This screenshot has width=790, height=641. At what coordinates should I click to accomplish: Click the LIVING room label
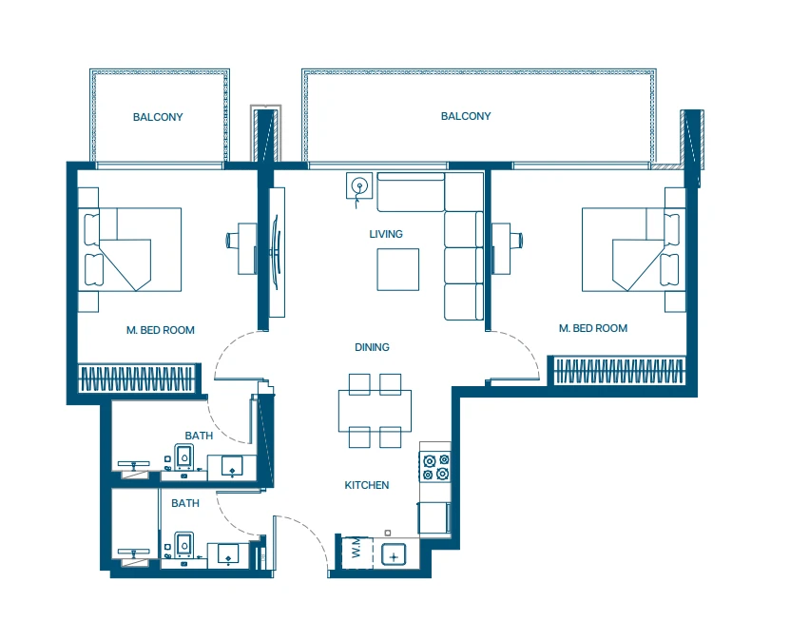386,234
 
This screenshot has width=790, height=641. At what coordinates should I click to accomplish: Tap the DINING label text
372,347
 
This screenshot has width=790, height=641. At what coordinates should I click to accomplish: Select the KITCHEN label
367,485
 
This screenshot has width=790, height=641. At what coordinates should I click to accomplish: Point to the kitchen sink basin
394,555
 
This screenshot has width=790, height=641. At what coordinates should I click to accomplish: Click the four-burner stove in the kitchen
435,467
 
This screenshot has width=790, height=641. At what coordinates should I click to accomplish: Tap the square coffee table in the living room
398,269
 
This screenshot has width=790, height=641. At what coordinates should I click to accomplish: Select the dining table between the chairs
375,411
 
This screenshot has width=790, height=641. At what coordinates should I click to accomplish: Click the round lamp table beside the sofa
359,185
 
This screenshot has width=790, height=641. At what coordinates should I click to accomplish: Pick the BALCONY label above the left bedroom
158,117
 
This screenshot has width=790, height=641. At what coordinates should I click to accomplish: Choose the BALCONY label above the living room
466,116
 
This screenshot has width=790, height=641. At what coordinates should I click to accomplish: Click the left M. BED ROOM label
161,330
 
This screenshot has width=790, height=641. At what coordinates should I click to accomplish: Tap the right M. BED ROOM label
593,328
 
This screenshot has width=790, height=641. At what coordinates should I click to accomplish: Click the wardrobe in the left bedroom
137,379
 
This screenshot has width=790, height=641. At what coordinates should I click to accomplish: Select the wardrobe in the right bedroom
619,372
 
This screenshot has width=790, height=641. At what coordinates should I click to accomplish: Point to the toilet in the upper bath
183,457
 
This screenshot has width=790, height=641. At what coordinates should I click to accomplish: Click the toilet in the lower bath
183,545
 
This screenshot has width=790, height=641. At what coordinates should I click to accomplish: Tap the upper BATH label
199,436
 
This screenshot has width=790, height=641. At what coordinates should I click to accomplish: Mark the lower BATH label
185,503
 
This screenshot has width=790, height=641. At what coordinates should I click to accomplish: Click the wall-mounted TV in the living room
276,252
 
